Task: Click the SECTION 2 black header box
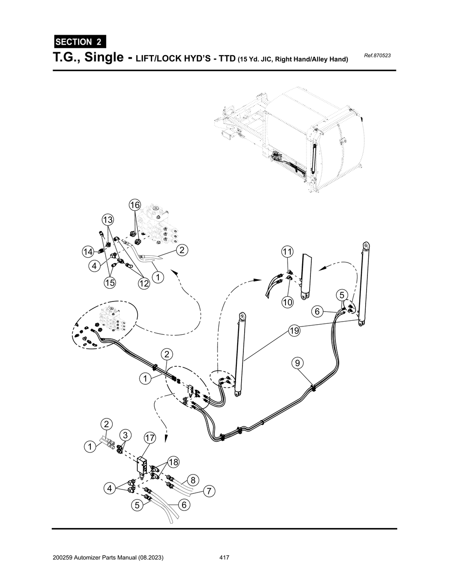(79, 42)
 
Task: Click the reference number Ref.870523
(377, 56)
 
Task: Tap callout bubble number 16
(135, 205)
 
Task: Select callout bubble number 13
(108, 219)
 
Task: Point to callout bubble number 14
(88, 252)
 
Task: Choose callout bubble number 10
(287, 302)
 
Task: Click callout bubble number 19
(294, 331)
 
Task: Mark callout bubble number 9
(298, 363)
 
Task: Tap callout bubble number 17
(150, 438)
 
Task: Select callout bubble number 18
(174, 462)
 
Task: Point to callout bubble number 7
(210, 492)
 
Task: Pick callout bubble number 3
(125, 435)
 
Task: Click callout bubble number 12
(144, 284)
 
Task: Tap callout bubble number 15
(110, 283)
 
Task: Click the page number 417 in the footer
(224, 558)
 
